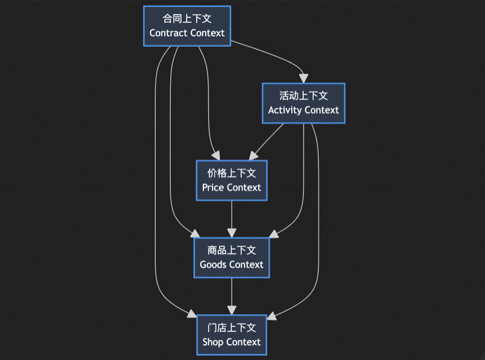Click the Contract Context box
click(187, 26)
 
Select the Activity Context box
click(303, 103)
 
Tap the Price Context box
click(232, 180)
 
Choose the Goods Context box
click(232, 257)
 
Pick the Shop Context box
click(232, 335)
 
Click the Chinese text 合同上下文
click(187, 19)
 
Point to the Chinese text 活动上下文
click(303, 96)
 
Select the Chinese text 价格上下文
click(232, 173)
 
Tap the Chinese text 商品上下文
click(232, 250)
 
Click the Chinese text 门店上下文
click(232, 327)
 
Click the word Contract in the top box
click(167, 33)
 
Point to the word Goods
click(213, 264)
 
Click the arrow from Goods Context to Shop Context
click(232, 295)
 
